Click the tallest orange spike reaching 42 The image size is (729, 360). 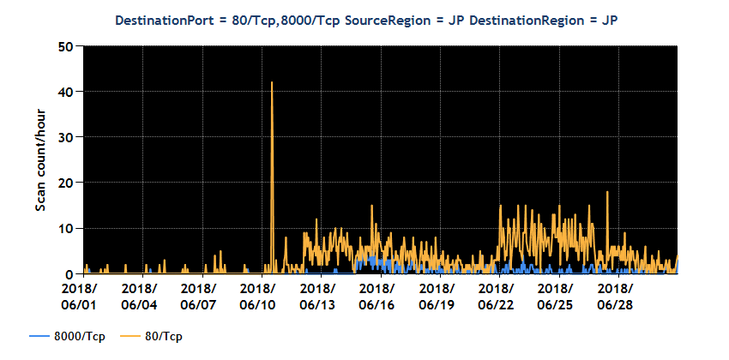tap(272, 84)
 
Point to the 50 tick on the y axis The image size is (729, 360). tap(66, 46)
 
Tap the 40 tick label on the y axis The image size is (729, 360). tap(66, 92)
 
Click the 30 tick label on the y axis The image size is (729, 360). tap(66, 137)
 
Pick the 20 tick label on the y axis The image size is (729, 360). tap(66, 183)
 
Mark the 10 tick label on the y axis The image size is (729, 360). tap(66, 228)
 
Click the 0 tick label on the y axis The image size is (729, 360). tap(69, 273)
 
